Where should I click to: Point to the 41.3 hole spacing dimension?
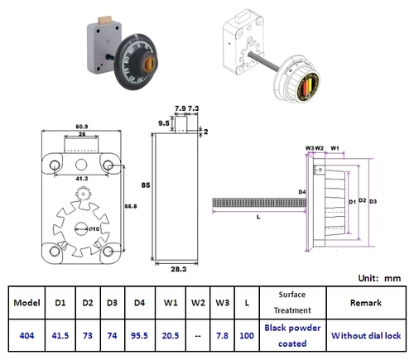(80, 179)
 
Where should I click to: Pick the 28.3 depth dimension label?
(177, 269)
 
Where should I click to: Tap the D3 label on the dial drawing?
(374, 201)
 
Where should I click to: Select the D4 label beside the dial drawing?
(302, 193)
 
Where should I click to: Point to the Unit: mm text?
(378, 278)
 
